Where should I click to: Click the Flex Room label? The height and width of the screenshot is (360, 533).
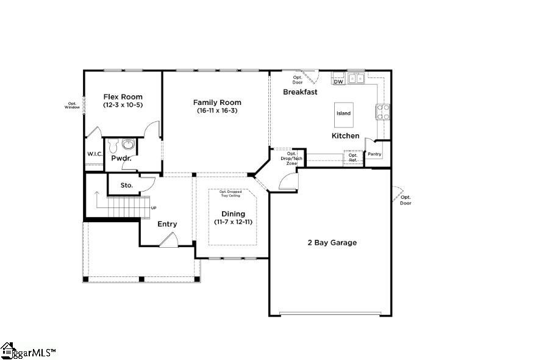pos(123,97)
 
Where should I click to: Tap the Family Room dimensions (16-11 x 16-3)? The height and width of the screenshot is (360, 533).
pos(217,110)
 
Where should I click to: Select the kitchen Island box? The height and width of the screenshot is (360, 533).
pos(344,113)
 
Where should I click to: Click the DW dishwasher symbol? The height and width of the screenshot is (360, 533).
pos(338,81)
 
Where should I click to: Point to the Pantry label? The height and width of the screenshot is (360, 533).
pos(374,154)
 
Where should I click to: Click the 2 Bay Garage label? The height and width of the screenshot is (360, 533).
pos(332,242)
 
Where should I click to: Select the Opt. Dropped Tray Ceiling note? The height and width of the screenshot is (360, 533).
pos(230,193)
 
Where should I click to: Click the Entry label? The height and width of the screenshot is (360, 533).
pos(167,224)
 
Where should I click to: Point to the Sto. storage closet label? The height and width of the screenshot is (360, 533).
pos(126,185)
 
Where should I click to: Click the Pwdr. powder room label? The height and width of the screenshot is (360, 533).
pos(121,159)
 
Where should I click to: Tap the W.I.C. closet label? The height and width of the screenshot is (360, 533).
pos(94,154)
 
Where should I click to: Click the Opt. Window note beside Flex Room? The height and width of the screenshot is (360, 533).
pos(73,105)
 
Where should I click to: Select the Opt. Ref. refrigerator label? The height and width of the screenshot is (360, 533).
pos(352,157)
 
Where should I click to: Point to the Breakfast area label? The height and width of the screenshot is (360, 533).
pos(300,92)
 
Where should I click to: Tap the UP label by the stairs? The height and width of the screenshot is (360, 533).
pos(153,208)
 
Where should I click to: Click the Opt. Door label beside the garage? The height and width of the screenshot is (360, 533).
pos(406,200)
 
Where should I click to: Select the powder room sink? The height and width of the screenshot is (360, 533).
pos(128,145)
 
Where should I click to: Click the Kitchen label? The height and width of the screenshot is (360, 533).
pos(345,135)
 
